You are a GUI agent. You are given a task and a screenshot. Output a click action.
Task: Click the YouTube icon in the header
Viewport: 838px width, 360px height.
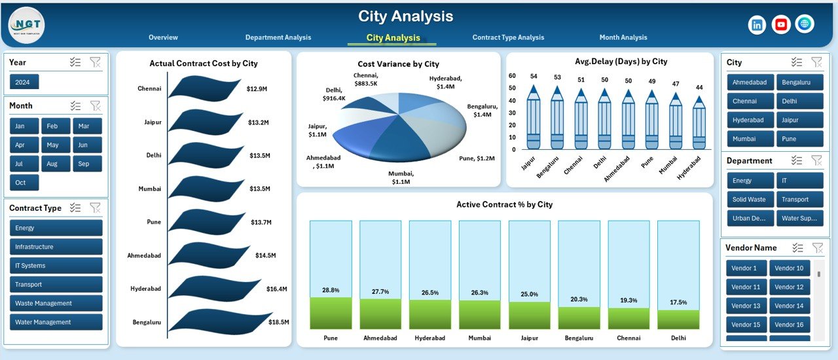[x=781, y=25]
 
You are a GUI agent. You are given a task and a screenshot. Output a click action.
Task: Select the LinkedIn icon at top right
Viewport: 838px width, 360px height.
[x=757, y=25]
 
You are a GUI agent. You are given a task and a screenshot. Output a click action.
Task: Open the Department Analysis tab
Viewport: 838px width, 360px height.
[x=278, y=37]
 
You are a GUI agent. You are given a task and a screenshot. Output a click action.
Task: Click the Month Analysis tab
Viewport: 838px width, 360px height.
[x=623, y=37]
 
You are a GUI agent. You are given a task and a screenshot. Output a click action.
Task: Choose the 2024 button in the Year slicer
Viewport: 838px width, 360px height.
[x=24, y=82]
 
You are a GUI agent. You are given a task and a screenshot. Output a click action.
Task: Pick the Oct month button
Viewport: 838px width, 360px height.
[x=24, y=183]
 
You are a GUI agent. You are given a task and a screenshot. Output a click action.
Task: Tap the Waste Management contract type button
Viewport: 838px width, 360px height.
[x=56, y=303]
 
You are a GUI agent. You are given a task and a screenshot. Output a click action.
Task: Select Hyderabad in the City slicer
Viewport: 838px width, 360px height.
[x=749, y=120]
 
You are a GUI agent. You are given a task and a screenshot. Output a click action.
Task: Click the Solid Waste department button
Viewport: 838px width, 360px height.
[x=749, y=200]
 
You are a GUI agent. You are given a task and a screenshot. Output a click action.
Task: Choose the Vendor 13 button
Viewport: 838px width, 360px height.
[x=746, y=306]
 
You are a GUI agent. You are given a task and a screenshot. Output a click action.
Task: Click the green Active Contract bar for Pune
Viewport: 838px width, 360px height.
[x=331, y=313]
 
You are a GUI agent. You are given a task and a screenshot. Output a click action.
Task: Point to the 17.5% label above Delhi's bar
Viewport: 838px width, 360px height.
[x=678, y=302]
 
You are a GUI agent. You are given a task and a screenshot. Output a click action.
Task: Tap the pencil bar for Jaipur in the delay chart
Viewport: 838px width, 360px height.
[x=534, y=118]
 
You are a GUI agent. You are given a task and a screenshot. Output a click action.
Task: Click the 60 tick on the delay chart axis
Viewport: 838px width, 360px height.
[x=513, y=76]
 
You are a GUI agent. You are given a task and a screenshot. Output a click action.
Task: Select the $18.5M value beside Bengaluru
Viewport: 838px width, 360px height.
[x=280, y=322]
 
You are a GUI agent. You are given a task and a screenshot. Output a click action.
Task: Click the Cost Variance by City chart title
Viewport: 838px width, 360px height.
[x=398, y=64]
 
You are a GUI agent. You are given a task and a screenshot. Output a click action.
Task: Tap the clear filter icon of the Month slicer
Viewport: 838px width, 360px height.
[x=96, y=105]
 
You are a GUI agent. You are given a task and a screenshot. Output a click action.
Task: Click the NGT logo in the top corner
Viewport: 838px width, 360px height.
[x=26, y=25]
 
